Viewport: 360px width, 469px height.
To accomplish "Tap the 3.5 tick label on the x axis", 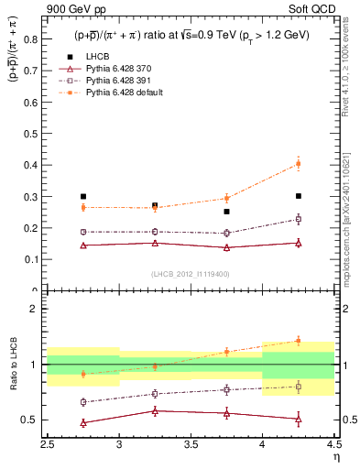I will coord(191,443).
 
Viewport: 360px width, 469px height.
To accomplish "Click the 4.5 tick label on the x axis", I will coord(333,443).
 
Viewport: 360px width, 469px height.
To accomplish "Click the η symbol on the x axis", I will coord(335,456).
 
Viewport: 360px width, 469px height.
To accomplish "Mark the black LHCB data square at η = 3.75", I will coord(226,212).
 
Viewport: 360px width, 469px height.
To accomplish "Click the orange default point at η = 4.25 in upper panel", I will coord(298,164).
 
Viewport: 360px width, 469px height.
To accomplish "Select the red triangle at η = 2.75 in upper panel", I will coord(83,245).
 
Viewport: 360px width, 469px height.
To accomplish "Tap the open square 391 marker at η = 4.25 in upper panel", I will coord(298,219).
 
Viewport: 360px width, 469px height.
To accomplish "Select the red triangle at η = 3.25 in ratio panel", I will coord(155,410).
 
